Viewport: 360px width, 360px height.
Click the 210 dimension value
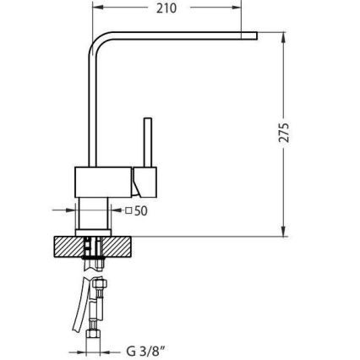[166, 8]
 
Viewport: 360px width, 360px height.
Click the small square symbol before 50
[128, 210]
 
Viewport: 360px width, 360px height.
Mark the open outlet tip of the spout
[254, 35]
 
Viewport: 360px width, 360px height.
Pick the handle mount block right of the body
[145, 179]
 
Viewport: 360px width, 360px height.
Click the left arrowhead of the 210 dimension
[95, 8]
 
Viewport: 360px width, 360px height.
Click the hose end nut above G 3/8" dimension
[95, 334]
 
